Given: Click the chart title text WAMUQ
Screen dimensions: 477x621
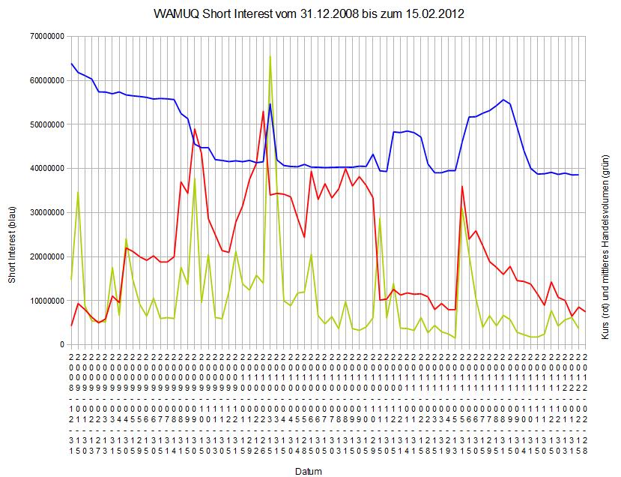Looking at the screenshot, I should (x=175, y=14).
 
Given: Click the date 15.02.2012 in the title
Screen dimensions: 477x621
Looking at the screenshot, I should (x=434, y=14).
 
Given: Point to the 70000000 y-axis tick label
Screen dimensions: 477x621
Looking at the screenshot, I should (x=45, y=36).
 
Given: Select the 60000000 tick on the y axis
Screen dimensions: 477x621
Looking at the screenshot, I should (x=45, y=80).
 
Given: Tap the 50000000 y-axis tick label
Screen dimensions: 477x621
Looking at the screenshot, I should (x=45, y=124).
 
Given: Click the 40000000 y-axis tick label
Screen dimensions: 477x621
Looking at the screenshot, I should (x=45, y=168).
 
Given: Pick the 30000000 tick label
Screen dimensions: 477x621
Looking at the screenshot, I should (x=45, y=212).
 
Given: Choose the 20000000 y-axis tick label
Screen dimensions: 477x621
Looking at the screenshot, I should (x=45, y=256).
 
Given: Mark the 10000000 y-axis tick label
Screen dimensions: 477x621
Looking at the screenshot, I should (x=45, y=301).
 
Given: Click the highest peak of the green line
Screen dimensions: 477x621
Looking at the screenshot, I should (x=270, y=56).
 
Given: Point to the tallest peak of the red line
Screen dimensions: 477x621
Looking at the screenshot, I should (x=263, y=112).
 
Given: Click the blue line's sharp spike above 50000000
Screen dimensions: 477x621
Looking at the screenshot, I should (x=270, y=104).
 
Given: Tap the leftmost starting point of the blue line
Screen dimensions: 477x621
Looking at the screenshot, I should (x=71, y=64).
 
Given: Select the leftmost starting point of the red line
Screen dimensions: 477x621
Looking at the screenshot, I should (x=71, y=325).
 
